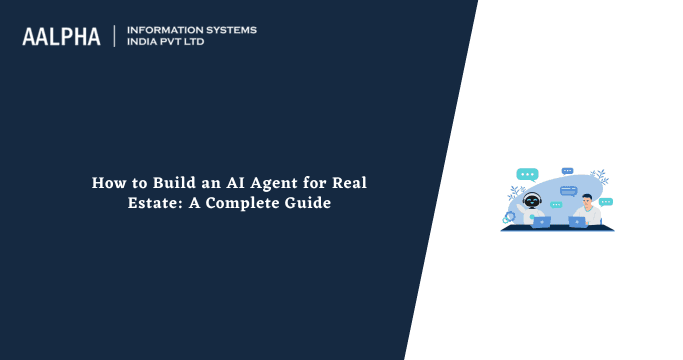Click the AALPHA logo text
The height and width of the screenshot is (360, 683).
(x=61, y=37)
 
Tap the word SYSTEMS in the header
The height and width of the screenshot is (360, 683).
(x=230, y=30)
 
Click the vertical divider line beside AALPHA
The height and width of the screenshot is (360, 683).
(x=115, y=37)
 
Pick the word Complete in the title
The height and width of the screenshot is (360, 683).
(x=262, y=204)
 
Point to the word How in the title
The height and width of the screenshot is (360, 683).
(x=107, y=184)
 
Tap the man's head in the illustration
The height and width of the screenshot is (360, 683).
(x=588, y=201)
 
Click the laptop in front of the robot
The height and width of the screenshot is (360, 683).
(x=541, y=221)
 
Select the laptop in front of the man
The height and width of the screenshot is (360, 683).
(x=578, y=221)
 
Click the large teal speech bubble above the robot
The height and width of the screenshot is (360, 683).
(x=526, y=175)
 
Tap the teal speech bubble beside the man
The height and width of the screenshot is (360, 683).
(x=605, y=202)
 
